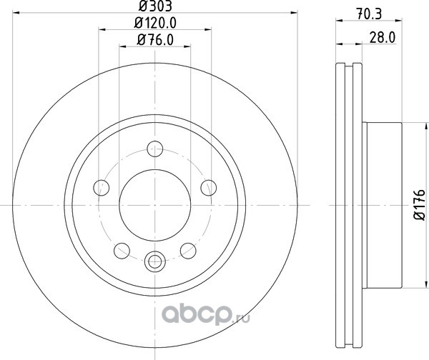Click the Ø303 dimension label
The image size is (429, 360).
coord(155,6)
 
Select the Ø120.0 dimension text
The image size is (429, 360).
coord(155,23)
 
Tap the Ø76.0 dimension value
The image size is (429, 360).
coord(155,40)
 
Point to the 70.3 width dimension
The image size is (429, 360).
coord(369,14)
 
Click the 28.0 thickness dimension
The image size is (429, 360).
coord(383,37)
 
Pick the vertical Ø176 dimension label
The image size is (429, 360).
coord(420,204)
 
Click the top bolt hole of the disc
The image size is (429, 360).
coord(155,149)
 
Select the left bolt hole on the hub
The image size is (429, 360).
coord(102,188)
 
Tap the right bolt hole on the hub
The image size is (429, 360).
coord(209,188)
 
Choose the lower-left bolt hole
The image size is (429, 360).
coord(122,251)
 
